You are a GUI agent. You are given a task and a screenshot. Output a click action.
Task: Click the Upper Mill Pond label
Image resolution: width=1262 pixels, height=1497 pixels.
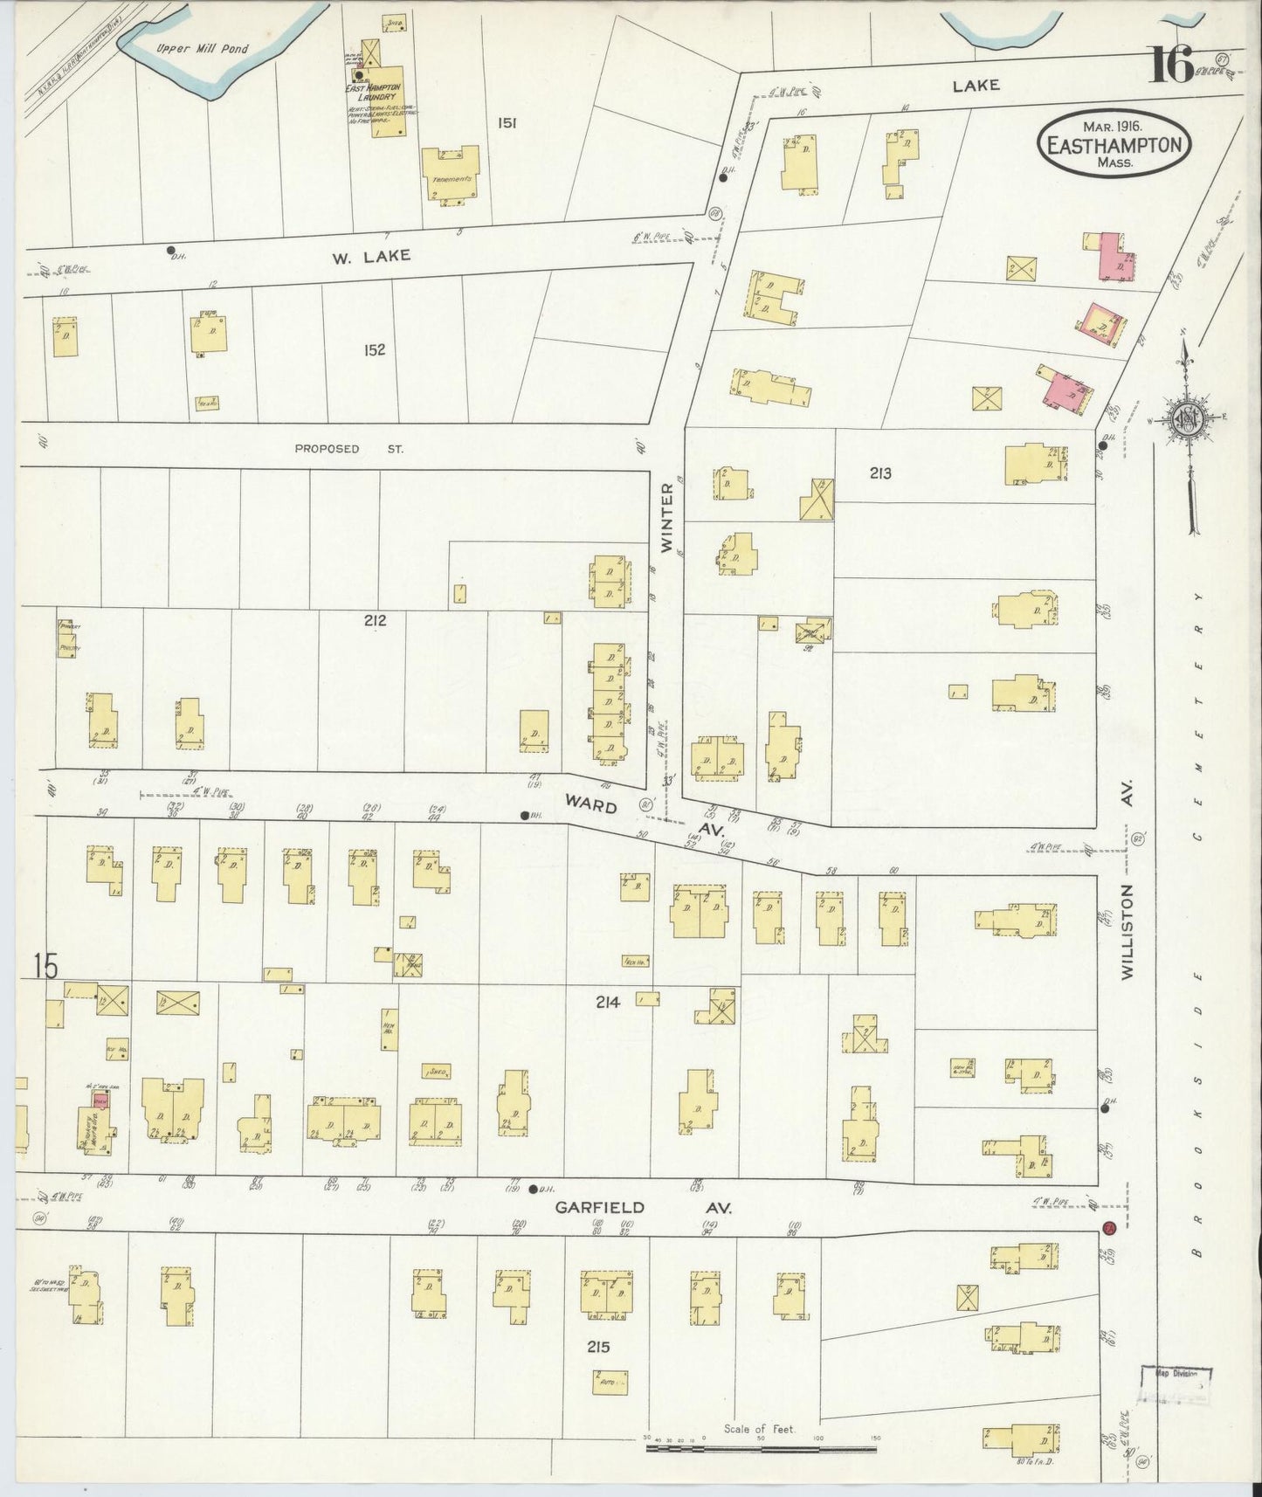point(202,49)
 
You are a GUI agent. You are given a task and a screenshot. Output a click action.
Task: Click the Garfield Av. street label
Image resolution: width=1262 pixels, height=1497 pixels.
point(644,1207)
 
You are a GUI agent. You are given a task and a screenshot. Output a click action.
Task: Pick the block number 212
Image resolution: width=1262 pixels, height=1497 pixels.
point(376,621)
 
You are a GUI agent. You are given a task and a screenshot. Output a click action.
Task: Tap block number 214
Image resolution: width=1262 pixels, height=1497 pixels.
point(607,1003)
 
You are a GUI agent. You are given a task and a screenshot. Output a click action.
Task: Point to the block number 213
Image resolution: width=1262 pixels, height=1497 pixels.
point(879,473)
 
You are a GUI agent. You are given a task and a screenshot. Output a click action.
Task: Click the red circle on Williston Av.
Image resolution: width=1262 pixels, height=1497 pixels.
point(1109,1227)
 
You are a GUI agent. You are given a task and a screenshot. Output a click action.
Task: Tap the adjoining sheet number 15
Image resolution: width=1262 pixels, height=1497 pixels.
point(45,967)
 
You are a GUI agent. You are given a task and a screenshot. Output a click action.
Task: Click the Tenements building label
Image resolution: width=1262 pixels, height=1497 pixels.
point(451,179)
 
